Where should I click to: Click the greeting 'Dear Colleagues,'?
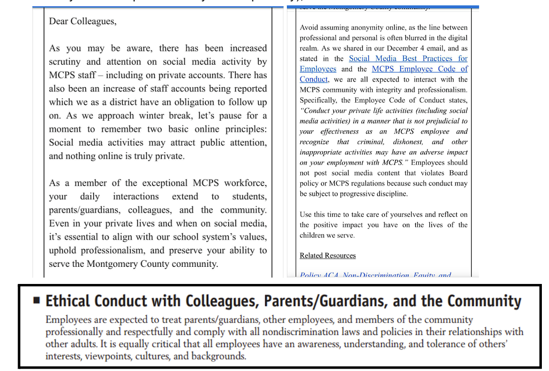(x=82, y=21)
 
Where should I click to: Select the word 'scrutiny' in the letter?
(x=65, y=62)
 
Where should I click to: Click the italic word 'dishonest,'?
(x=408, y=142)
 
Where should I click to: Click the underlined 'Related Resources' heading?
(x=327, y=255)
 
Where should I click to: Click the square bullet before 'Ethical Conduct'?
(x=37, y=301)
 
